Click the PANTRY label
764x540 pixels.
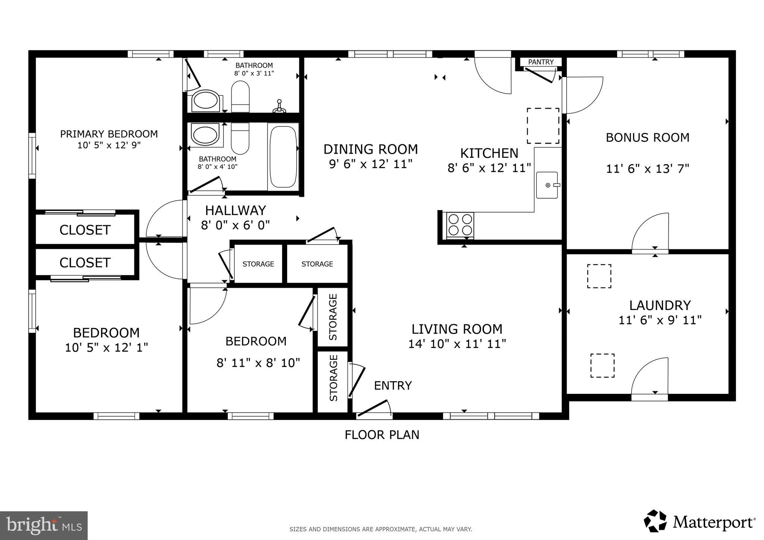pos(541,62)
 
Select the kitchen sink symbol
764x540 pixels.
pos(547,185)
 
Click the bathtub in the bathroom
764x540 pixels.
pos(283,156)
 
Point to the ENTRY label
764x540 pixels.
pos(392,385)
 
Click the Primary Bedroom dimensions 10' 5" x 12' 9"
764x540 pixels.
pos(109,145)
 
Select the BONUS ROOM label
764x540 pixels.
pos(647,138)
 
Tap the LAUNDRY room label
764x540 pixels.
pos(660,305)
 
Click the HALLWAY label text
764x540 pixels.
pos(235,210)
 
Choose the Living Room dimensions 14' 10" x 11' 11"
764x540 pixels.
pos(457,343)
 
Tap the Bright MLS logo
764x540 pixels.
pos(44,525)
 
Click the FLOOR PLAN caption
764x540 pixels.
pos(382,435)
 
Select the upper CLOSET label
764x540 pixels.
pos(85,230)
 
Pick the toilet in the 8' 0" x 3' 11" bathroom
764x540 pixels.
pos(240,97)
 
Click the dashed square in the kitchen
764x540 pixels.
pos(543,126)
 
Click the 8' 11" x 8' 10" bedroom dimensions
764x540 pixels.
pos(258,362)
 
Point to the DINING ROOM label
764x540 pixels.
pos(370,149)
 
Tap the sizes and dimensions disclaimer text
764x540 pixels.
pos(381,529)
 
